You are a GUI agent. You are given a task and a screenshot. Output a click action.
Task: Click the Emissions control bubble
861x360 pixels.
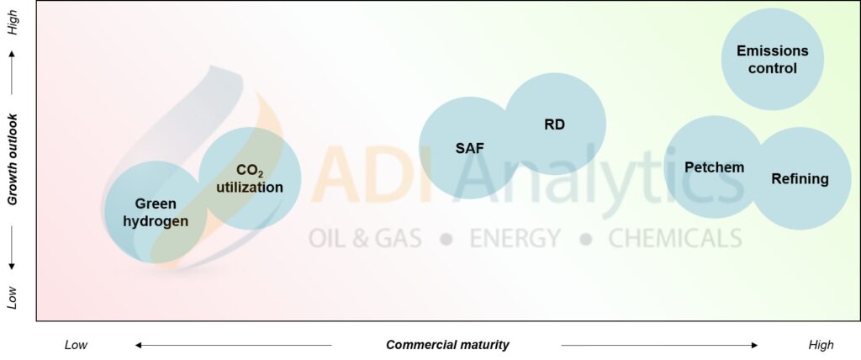point(772,60)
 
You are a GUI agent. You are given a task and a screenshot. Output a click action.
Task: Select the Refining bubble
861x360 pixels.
point(800,178)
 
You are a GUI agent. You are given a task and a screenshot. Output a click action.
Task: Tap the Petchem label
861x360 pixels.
point(715,167)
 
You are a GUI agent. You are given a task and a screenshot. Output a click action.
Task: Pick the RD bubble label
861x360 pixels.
point(555,124)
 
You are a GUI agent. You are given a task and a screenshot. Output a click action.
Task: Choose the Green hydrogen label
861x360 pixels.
point(156,213)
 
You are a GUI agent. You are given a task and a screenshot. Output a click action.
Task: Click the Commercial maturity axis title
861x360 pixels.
point(447,345)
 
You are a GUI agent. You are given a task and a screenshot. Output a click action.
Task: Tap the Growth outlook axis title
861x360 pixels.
point(13,159)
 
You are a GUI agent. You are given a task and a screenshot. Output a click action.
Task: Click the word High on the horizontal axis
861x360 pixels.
point(821,345)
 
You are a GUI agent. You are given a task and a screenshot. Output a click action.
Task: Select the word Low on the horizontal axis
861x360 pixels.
point(77,345)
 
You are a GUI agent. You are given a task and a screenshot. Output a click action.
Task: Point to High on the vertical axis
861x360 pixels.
point(13,24)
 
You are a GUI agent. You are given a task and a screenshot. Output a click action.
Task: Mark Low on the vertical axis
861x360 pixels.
point(13,298)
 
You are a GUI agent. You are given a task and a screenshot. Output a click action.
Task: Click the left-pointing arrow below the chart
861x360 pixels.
point(234,345)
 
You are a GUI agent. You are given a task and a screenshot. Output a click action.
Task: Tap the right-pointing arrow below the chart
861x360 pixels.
point(659,345)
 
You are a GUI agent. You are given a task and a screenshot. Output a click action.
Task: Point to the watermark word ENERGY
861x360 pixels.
point(515,239)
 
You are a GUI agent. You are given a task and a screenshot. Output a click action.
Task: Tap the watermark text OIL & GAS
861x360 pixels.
point(365,239)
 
